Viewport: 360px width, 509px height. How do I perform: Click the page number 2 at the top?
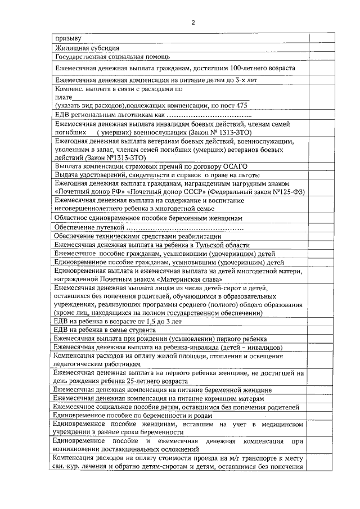coord(193,23)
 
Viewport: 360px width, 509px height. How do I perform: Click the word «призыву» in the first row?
coord(67,39)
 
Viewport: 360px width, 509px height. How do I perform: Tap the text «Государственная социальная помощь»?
coord(112,57)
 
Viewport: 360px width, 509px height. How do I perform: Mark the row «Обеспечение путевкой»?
coord(89,227)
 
